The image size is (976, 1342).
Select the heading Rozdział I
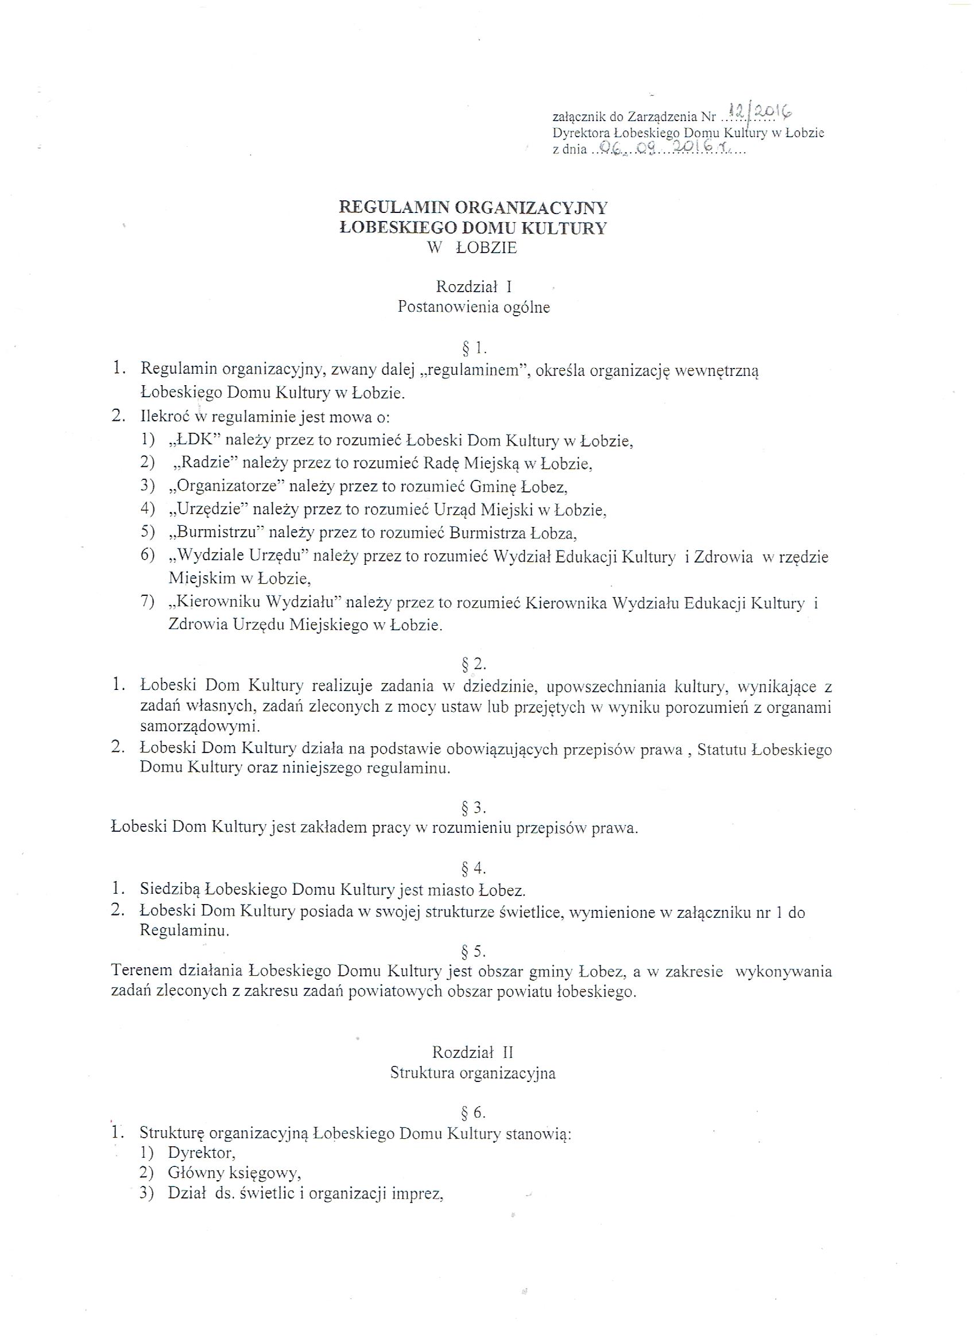(x=474, y=287)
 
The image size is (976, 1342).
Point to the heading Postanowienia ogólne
(x=474, y=307)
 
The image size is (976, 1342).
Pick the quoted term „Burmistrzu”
(x=216, y=533)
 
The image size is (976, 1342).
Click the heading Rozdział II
(x=472, y=1052)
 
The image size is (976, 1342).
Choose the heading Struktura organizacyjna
(x=472, y=1073)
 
